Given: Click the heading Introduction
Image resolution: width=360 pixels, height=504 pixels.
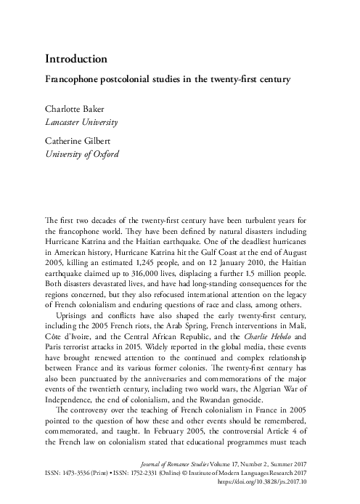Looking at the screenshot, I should pos(77,57).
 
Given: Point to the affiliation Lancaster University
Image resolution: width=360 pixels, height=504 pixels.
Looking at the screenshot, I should pos(82,122).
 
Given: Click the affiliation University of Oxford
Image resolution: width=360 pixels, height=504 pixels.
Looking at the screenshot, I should pos(81,154).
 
